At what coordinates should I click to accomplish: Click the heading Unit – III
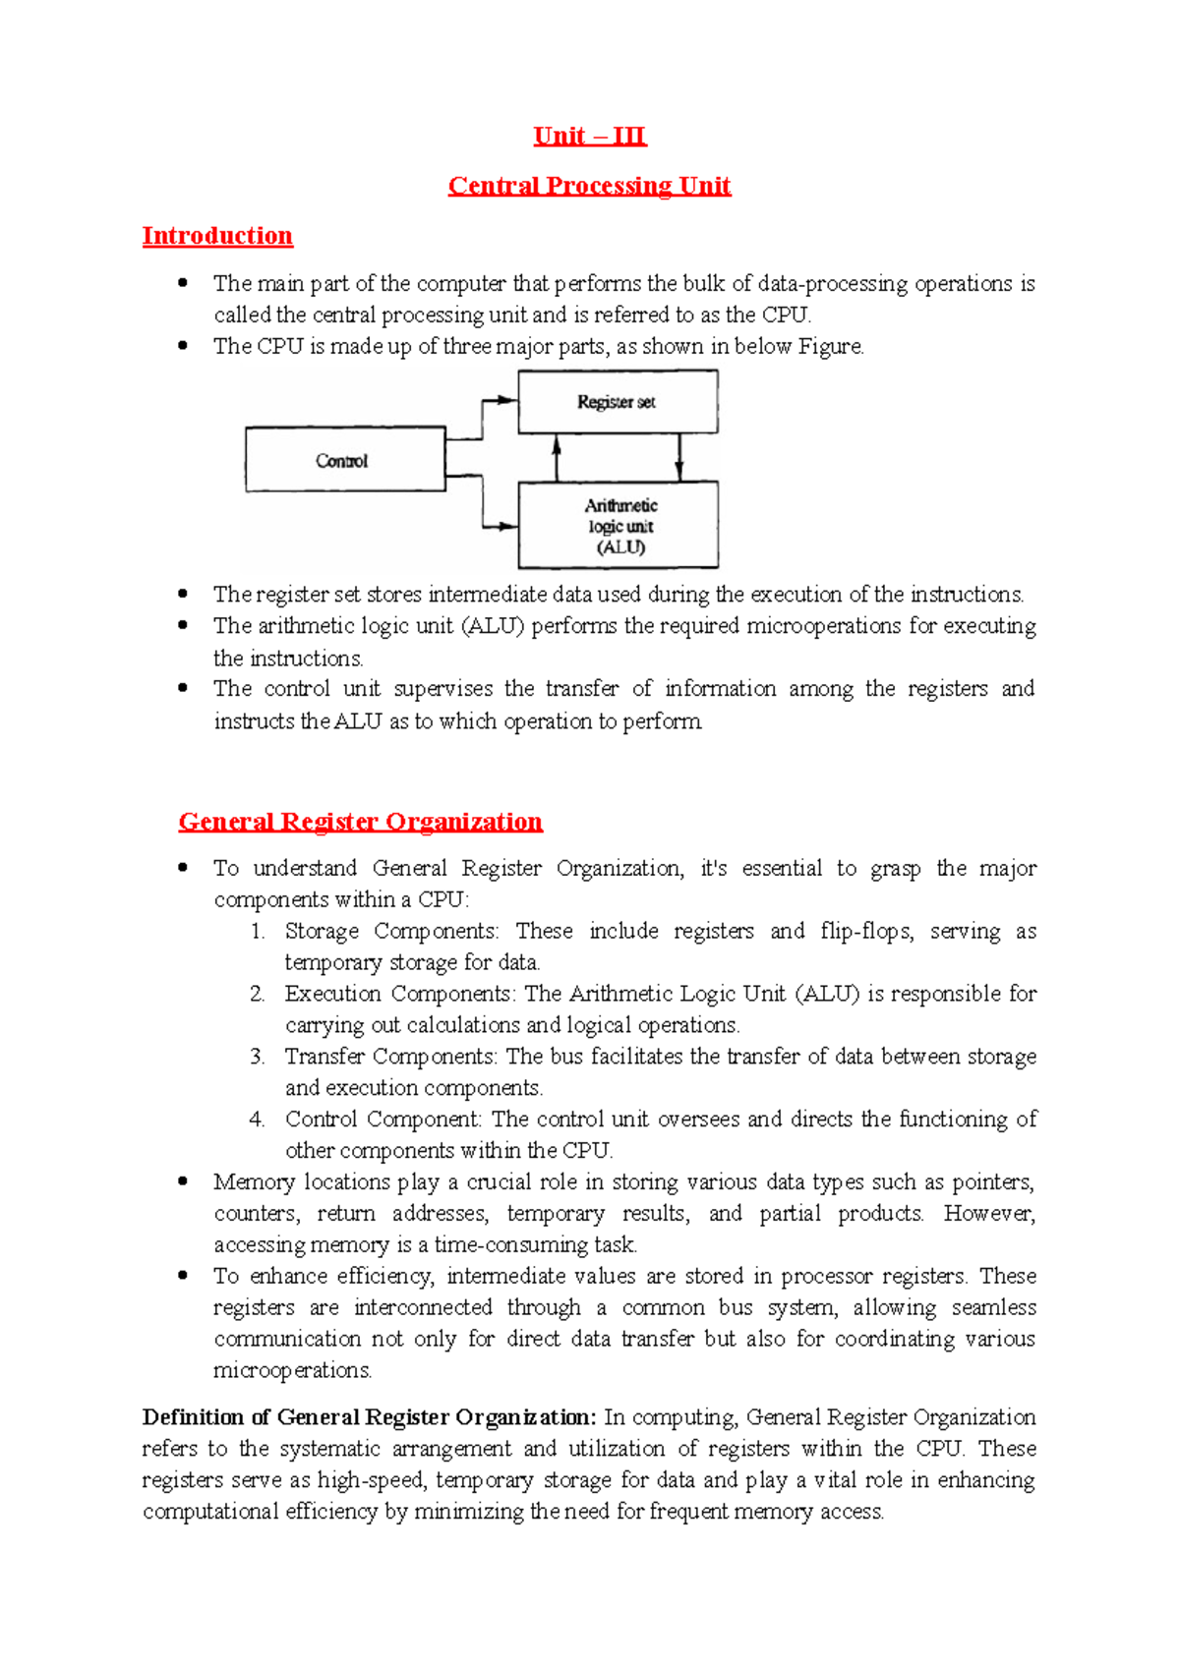coord(589,136)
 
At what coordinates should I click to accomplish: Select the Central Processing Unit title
coord(589,186)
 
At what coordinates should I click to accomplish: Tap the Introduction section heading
coord(217,236)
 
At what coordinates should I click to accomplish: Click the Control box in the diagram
coord(344,460)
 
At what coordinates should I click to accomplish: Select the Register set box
coord(618,402)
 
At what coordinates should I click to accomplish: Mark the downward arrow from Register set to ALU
coord(679,458)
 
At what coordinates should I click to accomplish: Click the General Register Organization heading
coord(360,822)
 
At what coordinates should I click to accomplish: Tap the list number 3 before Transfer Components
coord(258,1057)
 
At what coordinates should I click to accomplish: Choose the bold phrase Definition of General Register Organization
coord(369,1417)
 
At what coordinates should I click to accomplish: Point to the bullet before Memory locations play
coord(183,1181)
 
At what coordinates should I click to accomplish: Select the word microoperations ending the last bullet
coord(292,1370)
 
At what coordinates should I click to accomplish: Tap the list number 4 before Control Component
coord(258,1120)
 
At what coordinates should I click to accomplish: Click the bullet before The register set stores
coord(183,594)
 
